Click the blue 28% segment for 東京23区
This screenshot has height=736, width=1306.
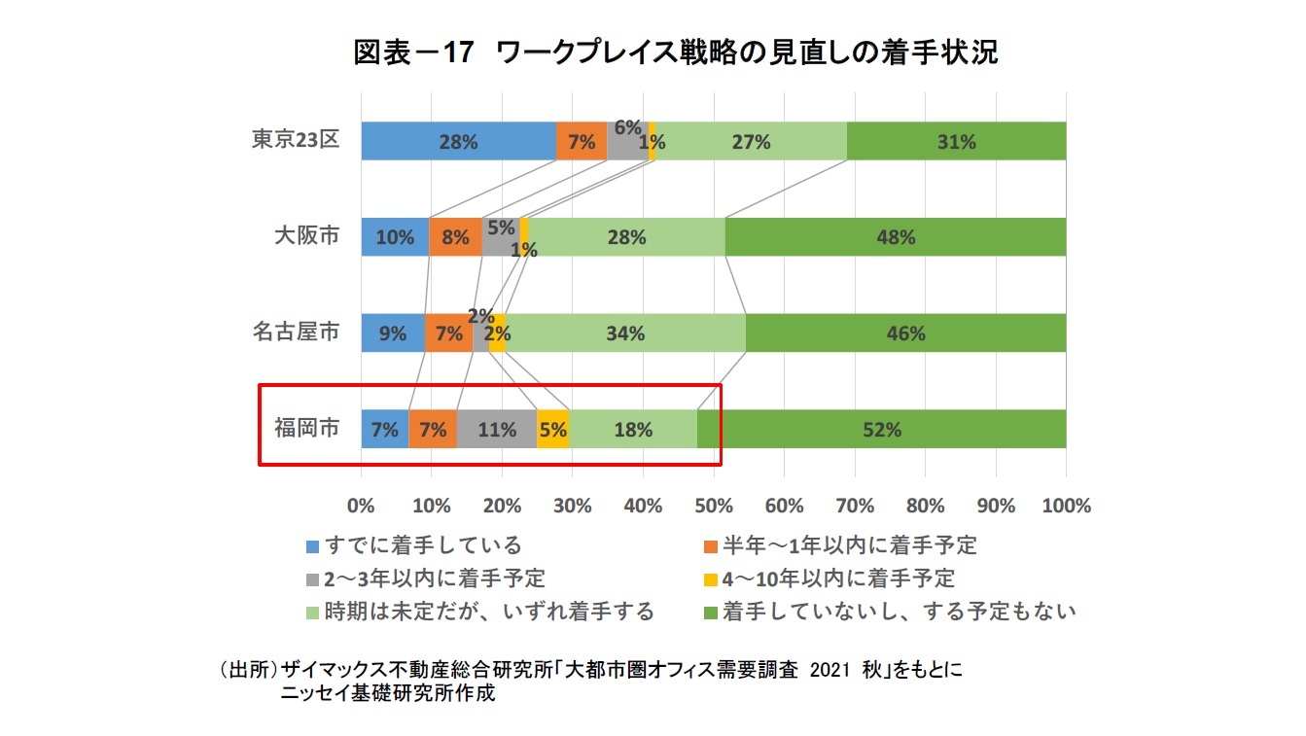(458, 141)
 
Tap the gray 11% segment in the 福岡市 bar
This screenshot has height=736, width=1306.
(497, 429)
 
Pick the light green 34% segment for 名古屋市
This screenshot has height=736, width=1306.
(624, 333)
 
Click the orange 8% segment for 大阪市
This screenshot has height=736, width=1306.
(455, 237)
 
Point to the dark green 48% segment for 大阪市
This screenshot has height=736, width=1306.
(895, 237)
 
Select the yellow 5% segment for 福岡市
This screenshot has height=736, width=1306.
(553, 429)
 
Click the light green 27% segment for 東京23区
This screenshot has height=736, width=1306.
(751, 141)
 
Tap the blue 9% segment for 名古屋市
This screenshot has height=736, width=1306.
(393, 333)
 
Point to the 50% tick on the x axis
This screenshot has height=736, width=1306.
(714, 506)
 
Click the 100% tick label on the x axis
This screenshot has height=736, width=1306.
(1066, 506)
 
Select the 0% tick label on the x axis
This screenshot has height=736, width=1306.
(362, 506)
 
